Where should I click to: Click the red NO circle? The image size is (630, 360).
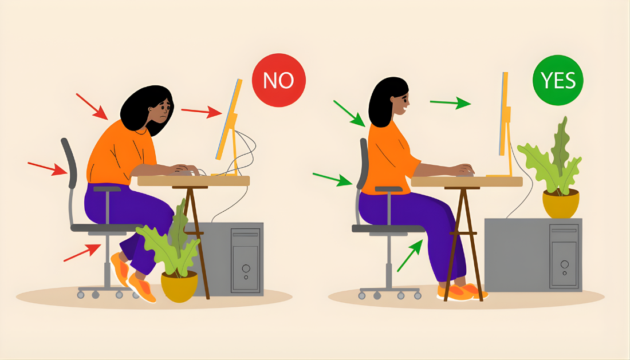point(279,80)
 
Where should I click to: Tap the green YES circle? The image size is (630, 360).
point(558,80)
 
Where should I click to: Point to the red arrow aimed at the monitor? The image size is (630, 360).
point(202,111)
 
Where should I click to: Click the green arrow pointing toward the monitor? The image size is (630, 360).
point(450,103)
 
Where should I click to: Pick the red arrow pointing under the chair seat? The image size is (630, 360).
point(82,252)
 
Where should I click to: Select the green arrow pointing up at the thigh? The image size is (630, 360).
point(410,255)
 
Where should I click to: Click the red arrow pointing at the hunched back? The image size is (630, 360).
point(92,106)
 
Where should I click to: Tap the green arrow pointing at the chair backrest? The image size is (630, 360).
point(333,179)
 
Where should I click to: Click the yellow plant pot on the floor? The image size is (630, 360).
point(179,286)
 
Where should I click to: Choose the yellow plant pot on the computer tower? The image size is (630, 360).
point(561,203)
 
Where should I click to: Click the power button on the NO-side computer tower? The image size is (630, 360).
point(246,268)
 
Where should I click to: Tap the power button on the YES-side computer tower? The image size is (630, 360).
point(565,264)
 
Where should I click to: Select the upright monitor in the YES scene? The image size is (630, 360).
point(505,114)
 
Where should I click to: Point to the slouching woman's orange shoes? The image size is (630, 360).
point(133,278)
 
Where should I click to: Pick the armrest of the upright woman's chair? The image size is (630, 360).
point(388,189)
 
